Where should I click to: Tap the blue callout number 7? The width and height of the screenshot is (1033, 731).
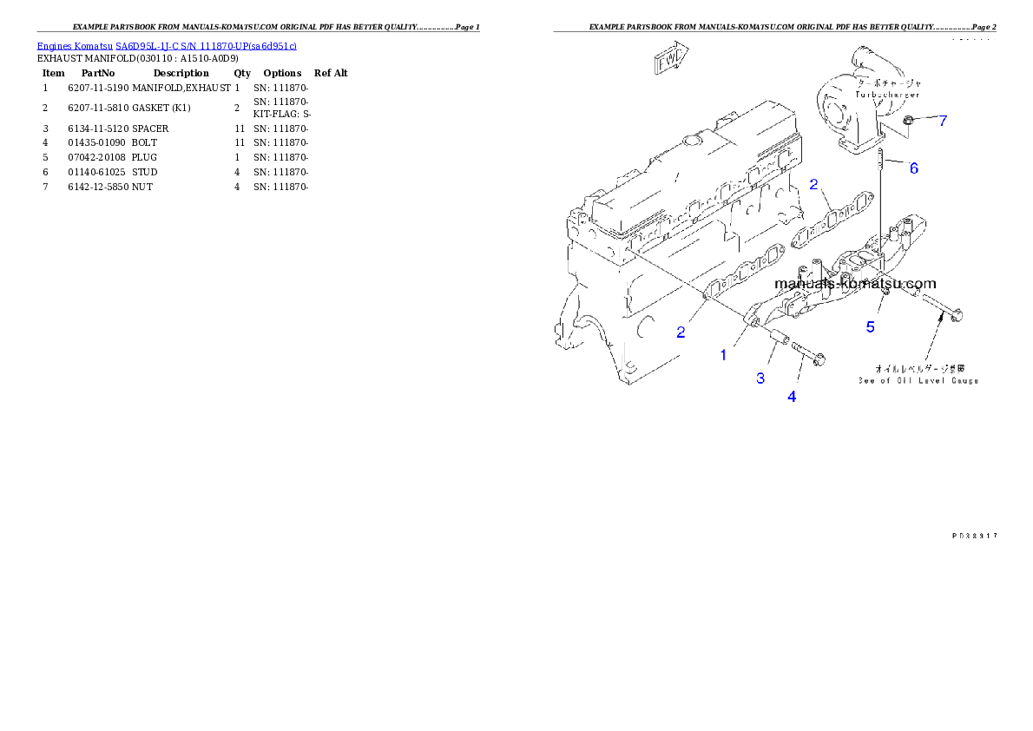pos(943,121)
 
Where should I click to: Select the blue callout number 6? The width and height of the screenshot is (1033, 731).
pos(913,168)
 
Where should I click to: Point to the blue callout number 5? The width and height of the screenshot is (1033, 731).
pos(870,327)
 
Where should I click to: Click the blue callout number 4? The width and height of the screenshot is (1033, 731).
pos(792,397)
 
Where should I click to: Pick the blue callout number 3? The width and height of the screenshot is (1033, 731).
pos(760,378)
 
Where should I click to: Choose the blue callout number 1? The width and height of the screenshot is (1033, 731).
pos(723,355)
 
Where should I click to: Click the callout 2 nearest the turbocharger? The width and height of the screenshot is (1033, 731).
pos(813,184)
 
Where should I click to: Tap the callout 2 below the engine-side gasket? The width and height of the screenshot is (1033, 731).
pos(681,332)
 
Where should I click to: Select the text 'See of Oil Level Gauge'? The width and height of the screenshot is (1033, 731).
pos(918,381)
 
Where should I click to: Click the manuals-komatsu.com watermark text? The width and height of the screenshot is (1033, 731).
pos(855,284)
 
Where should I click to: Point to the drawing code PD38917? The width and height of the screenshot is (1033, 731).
pos(973,537)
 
